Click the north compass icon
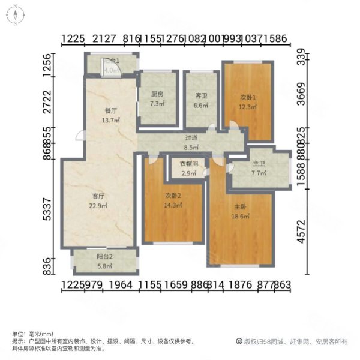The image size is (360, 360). tap(15, 15)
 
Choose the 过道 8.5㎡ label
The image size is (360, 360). tap(191, 142)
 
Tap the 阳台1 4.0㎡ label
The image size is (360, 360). tap(111, 65)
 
